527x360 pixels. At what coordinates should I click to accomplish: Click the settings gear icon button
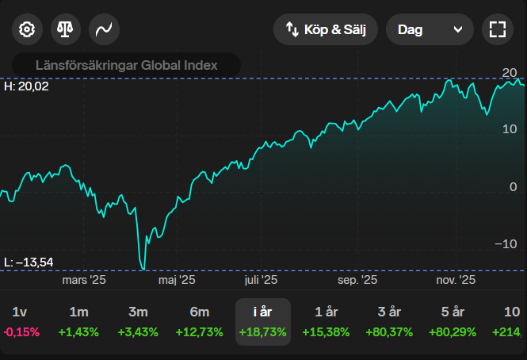click(27, 30)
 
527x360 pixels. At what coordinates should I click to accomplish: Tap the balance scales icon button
click(66, 30)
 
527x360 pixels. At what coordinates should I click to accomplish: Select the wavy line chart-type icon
click(104, 30)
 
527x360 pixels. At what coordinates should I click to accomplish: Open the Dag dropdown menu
click(429, 30)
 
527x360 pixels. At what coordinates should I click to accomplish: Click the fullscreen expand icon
click(497, 30)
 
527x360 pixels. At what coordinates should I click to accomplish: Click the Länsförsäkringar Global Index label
click(126, 65)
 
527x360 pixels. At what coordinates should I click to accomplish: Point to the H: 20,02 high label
click(26, 86)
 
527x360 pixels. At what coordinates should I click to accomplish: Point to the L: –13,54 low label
click(28, 262)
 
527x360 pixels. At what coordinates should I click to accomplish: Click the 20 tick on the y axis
click(510, 73)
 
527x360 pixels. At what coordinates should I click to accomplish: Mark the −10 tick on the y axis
click(507, 243)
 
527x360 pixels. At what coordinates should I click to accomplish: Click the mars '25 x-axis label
click(84, 280)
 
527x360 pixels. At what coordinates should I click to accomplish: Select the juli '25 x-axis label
click(261, 280)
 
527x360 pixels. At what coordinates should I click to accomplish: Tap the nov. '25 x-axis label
click(456, 280)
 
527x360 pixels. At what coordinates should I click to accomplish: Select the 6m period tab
click(200, 322)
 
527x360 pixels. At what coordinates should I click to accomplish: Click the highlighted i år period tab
click(263, 322)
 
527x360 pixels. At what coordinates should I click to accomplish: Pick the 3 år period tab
click(390, 322)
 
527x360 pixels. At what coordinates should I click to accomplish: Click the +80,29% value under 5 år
click(453, 332)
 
